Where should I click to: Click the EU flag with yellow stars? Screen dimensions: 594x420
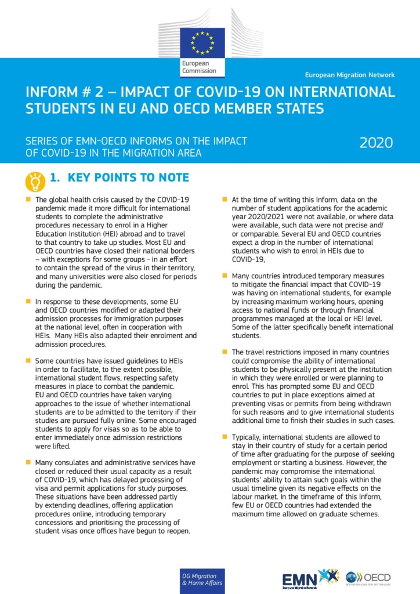pos(202,42)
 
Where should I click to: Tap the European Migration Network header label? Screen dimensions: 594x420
pos(350,75)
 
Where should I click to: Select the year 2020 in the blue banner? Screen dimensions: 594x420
pos(376,143)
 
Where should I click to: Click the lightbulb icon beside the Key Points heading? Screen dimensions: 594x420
pos(35,181)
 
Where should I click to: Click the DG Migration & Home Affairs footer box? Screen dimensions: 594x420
pos(201,578)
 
